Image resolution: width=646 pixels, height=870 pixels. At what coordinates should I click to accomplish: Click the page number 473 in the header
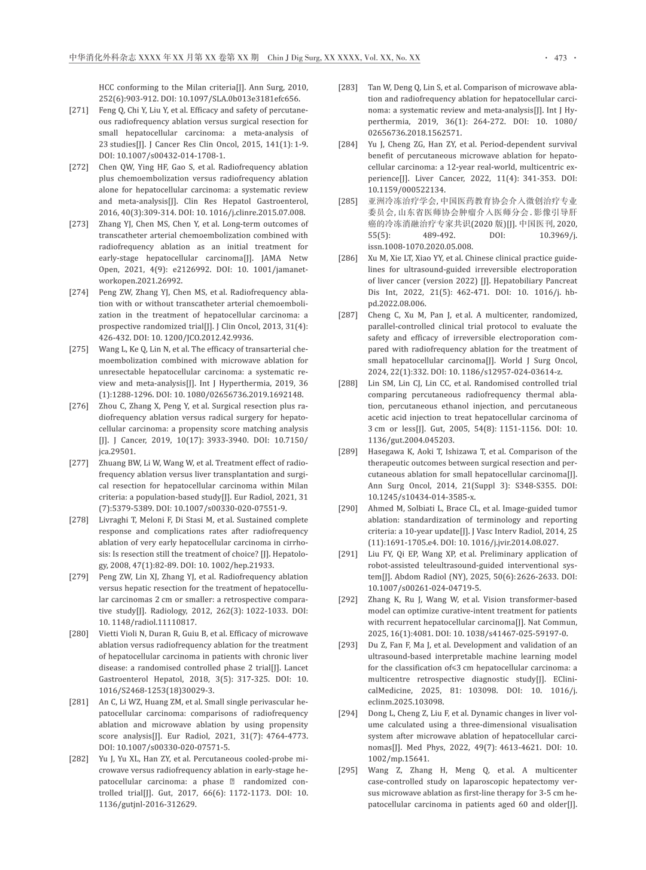click(560, 58)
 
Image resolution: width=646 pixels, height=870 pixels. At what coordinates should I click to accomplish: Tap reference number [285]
click(348, 202)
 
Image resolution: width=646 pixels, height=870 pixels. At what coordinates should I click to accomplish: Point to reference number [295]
click(348, 770)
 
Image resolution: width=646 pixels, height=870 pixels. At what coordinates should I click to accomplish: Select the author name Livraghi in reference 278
click(114, 520)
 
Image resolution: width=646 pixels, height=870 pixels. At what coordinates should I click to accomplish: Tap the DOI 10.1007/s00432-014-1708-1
click(161, 155)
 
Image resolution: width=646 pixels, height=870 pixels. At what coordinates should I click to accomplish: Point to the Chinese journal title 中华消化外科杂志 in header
click(102, 58)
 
